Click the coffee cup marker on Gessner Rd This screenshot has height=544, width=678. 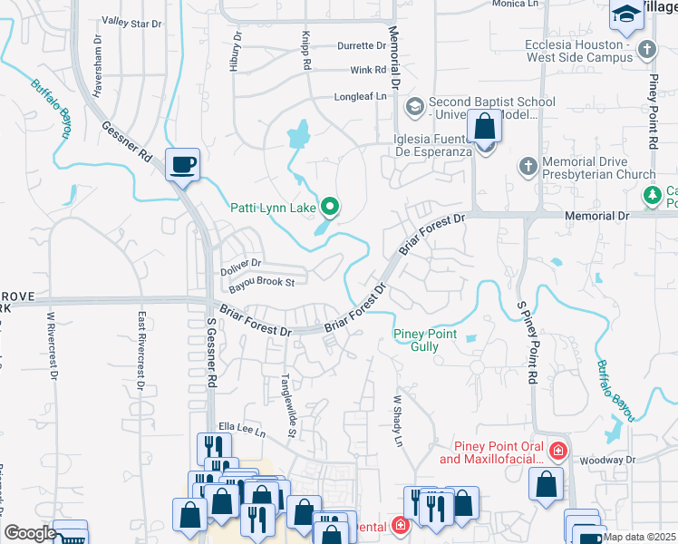click(182, 164)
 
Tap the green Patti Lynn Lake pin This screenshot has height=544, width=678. click(331, 209)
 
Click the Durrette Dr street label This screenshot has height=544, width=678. click(348, 45)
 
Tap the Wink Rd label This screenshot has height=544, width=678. click(368, 70)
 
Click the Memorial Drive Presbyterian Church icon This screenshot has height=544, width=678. click(528, 167)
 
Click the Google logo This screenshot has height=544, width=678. click(29, 533)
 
